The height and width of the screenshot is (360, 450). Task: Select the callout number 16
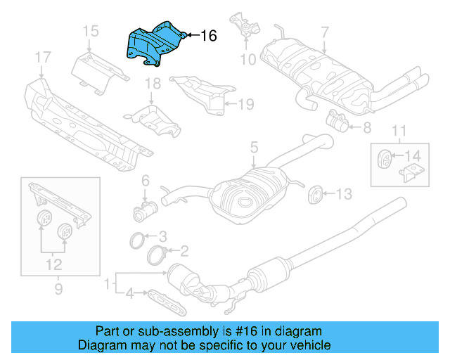coord(208,35)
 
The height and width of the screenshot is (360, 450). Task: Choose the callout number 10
coord(247,59)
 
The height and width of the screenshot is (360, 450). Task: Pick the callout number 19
coord(244,105)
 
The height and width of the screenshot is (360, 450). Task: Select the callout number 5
coord(254,148)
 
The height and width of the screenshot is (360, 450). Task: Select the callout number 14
coord(415,155)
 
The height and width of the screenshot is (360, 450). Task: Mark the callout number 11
coord(399,130)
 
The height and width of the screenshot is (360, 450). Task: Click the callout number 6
coord(146,181)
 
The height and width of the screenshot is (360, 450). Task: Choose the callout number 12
coord(53,265)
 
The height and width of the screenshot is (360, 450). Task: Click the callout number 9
coord(59,288)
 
